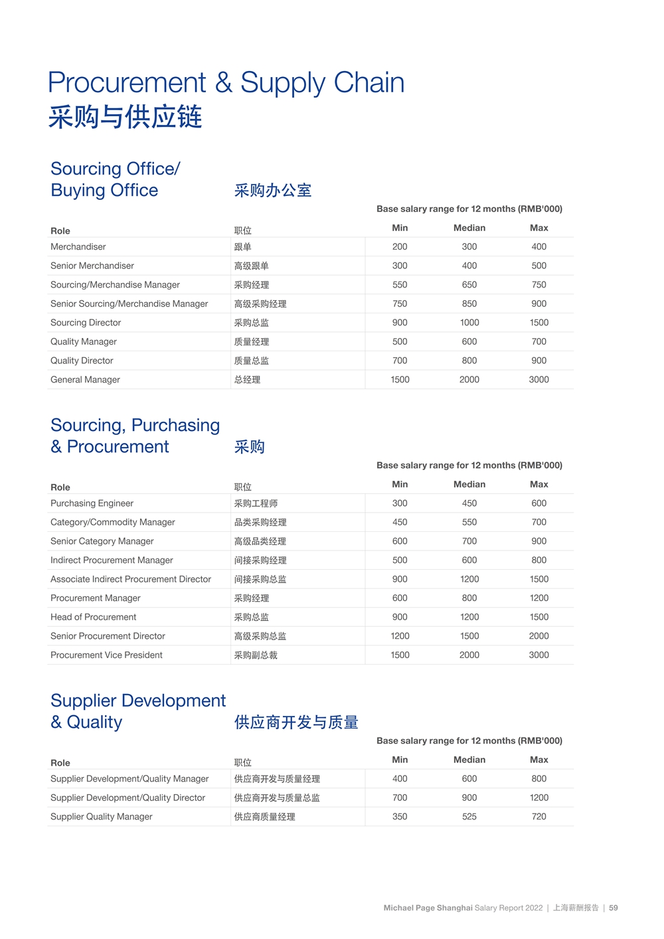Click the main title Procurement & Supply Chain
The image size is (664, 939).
pyautogui.click(x=226, y=83)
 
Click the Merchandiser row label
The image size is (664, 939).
pyautogui.click(x=78, y=247)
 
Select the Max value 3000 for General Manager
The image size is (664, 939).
pyautogui.click(x=539, y=380)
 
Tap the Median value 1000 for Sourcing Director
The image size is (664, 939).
pyautogui.click(x=469, y=323)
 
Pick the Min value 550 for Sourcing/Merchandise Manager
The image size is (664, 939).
pyautogui.click(x=400, y=285)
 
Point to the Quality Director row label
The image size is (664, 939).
pyautogui.click(x=82, y=361)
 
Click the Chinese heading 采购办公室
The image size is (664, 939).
pyautogui.click(x=272, y=191)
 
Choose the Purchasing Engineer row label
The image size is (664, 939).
pyautogui.click(x=92, y=503)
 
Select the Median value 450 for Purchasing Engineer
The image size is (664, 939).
pyautogui.click(x=469, y=503)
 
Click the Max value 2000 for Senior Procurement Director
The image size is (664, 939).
pyautogui.click(x=539, y=636)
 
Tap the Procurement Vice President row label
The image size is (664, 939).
pyautogui.click(x=106, y=655)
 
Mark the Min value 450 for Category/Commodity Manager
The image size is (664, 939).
pyautogui.click(x=400, y=523)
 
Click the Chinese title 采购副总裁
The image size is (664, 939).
pyautogui.click(x=256, y=655)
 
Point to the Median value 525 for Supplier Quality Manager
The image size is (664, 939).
pyautogui.click(x=469, y=817)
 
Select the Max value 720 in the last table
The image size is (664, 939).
pyautogui.click(x=539, y=817)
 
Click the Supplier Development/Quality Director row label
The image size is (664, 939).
pyautogui.click(x=127, y=798)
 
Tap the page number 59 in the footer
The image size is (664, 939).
pyautogui.click(x=614, y=908)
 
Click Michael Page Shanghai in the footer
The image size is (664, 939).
pyautogui.click(x=428, y=908)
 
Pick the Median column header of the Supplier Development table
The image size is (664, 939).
pyautogui.click(x=469, y=760)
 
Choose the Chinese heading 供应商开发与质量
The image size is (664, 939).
pyautogui.click(x=296, y=723)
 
